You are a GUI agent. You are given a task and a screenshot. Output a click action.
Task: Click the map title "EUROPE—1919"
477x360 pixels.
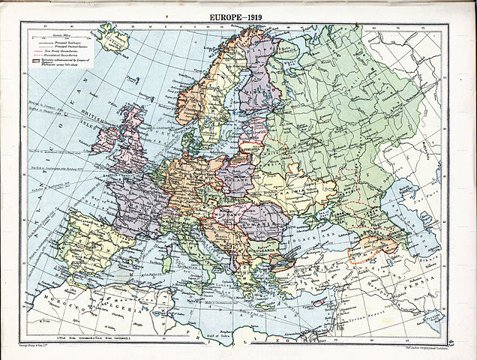[238, 14]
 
